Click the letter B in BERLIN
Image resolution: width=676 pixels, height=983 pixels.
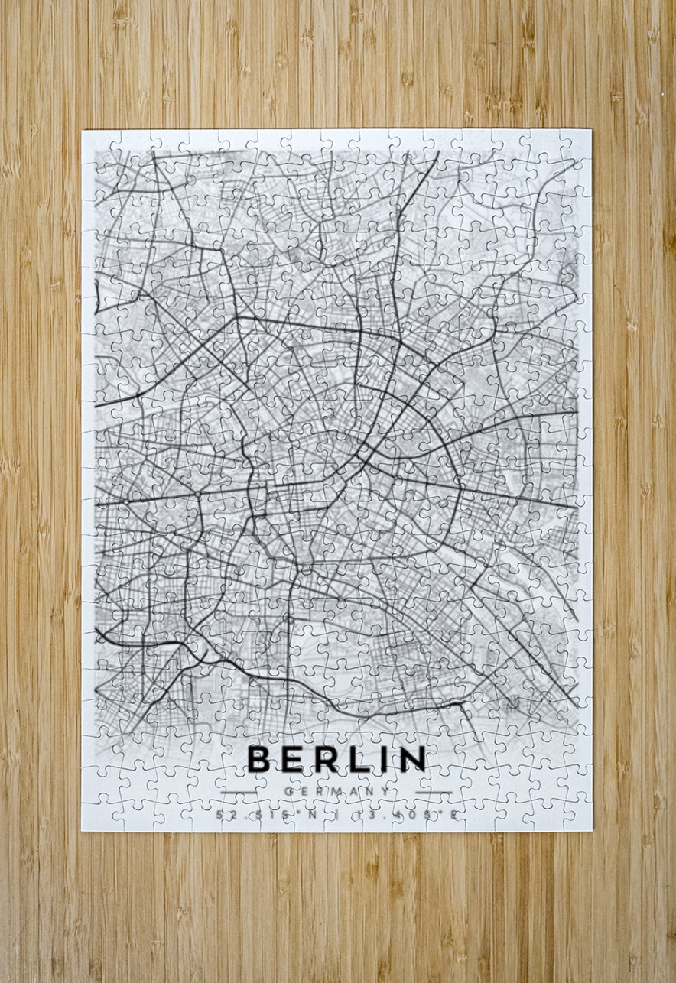click(259, 758)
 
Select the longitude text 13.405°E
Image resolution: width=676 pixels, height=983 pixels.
click(405, 815)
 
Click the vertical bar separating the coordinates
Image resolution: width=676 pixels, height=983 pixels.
click(337, 815)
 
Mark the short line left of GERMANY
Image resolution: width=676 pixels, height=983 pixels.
click(239, 792)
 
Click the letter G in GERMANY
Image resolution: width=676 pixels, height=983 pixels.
click(287, 791)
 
